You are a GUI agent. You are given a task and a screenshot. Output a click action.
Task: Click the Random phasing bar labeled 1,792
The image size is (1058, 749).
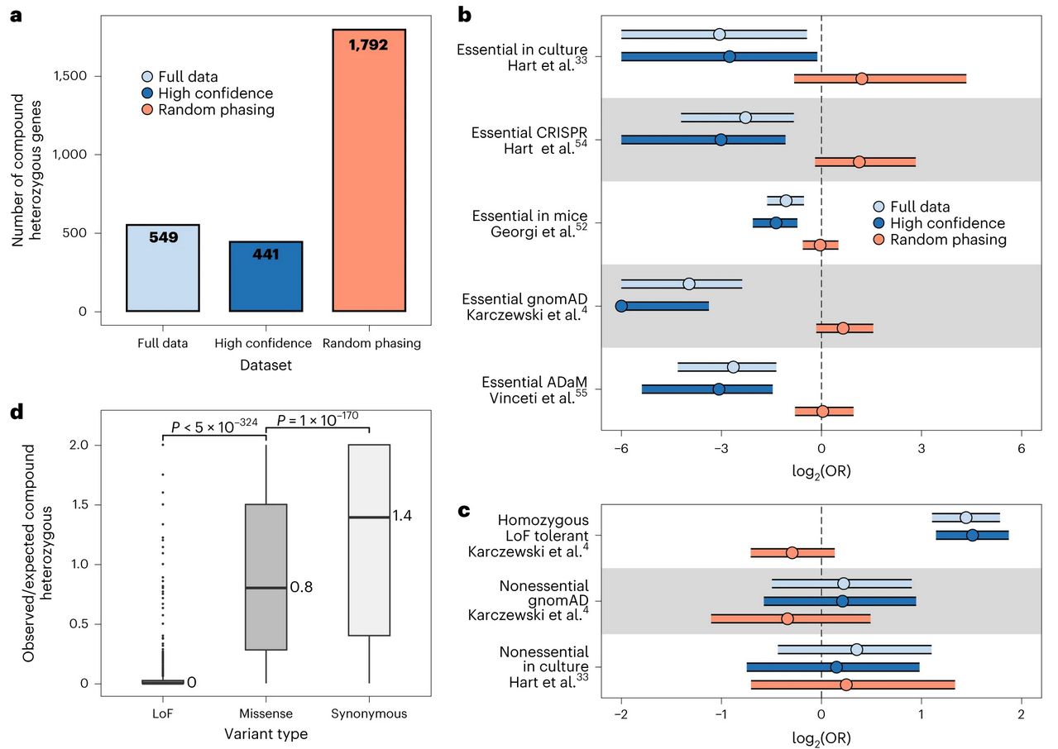(367, 169)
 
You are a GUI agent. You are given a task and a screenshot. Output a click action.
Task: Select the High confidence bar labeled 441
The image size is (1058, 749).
(266, 276)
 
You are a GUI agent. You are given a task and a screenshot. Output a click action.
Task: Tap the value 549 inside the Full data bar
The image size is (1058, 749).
(163, 237)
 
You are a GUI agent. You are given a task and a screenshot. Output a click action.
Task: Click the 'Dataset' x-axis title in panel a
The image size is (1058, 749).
(265, 363)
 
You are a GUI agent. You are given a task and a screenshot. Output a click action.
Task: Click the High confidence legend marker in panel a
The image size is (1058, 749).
(146, 93)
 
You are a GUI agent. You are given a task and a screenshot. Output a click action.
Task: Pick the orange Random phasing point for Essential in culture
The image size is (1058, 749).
(861, 79)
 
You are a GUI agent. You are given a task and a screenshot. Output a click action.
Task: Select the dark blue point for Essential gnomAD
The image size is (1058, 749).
(621, 306)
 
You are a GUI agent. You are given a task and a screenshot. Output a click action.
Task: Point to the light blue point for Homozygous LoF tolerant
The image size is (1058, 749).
(965, 518)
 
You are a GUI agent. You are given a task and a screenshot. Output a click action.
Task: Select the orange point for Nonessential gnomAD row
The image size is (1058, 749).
(787, 618)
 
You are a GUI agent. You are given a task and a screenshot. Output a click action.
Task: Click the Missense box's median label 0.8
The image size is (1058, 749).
(301, 588)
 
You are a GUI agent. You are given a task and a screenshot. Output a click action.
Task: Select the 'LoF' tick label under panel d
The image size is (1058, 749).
(163, 713)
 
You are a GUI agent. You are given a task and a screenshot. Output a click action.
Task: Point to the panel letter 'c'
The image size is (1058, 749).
(464, 510)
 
